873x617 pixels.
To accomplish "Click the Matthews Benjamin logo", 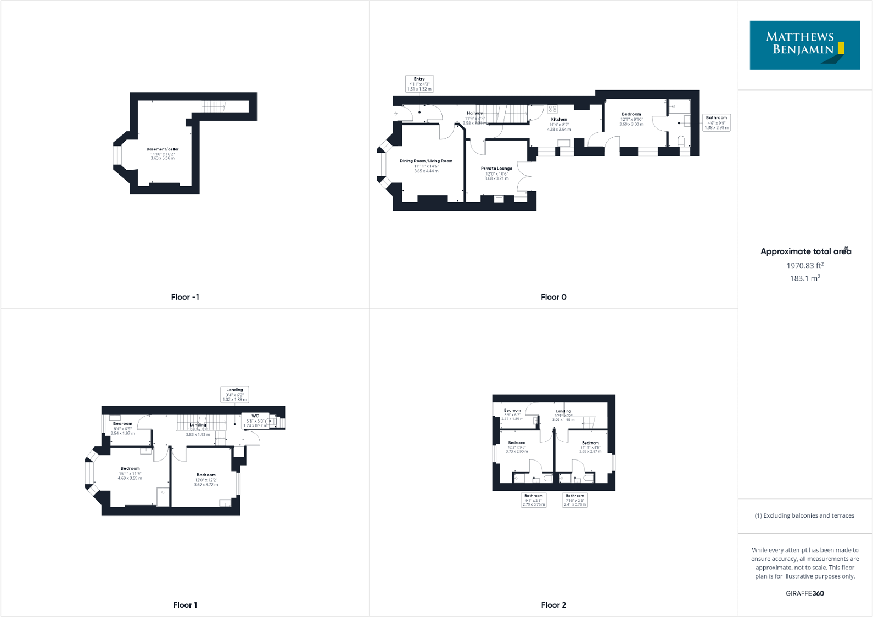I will [804, 45].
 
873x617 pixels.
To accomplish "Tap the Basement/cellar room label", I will [163, 149].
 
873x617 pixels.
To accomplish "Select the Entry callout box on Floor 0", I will [419, 84].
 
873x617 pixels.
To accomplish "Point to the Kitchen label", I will [559, 119].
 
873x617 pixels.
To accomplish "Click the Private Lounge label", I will [496, 169].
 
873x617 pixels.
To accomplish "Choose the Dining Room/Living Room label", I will [426, 161].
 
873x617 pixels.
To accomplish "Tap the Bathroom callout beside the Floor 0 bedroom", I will [717, 122].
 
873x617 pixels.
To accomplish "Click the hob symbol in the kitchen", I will [552, 109].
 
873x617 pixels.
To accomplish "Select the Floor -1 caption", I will [185, 297].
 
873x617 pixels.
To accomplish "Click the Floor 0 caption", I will [553, 297].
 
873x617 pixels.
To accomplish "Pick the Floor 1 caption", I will [185, 605].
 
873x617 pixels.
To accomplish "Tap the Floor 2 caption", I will [553, 605].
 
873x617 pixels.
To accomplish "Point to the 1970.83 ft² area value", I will [805, 266].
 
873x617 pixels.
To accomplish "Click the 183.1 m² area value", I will [805, 278].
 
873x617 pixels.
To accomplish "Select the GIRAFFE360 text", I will [804, 593].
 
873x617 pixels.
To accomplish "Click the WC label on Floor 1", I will [255, 416].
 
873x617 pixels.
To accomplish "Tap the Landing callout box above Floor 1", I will [234, 395].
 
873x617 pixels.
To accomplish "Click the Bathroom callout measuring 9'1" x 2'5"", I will [534, 500].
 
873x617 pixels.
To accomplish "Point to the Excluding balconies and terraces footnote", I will [804, 515].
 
